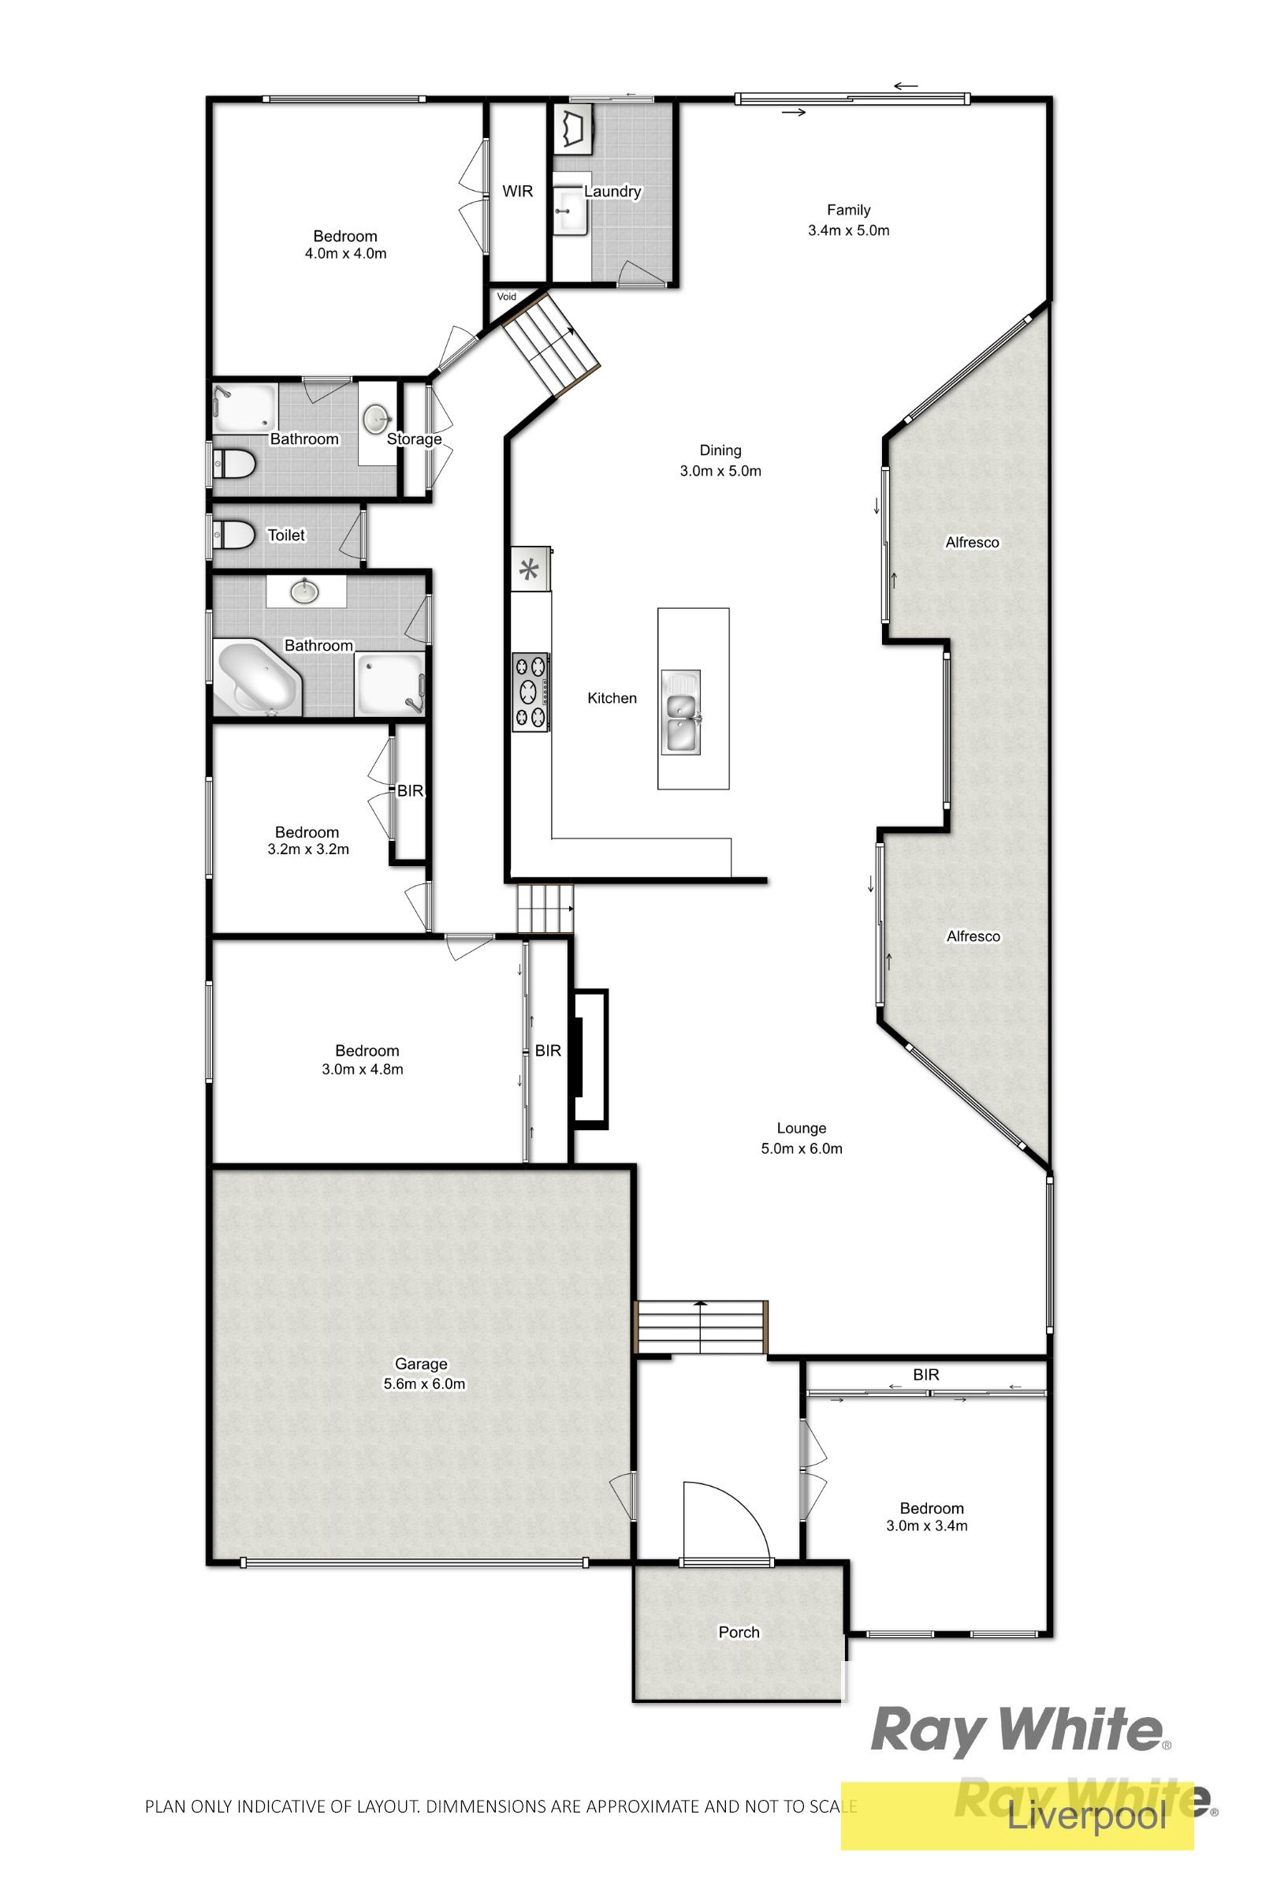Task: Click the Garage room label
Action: [420, 1364]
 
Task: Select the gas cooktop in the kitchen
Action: [531, 692]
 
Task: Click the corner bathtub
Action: [257, 678]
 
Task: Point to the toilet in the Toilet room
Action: [233, 534]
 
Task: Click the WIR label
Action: [518, 192]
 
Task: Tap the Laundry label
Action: [612, 192]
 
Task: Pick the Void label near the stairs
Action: [506, 297]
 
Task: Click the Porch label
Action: [739, 1632]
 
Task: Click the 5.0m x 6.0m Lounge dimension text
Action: [802, 1149]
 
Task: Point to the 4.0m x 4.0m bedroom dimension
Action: [345, 254]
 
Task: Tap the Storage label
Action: [415, 439]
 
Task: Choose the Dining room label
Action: [720, 450]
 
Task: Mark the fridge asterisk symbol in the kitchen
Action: [529, 571]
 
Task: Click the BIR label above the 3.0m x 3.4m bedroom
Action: [926, 1375]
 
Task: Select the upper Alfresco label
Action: [972, 543]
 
